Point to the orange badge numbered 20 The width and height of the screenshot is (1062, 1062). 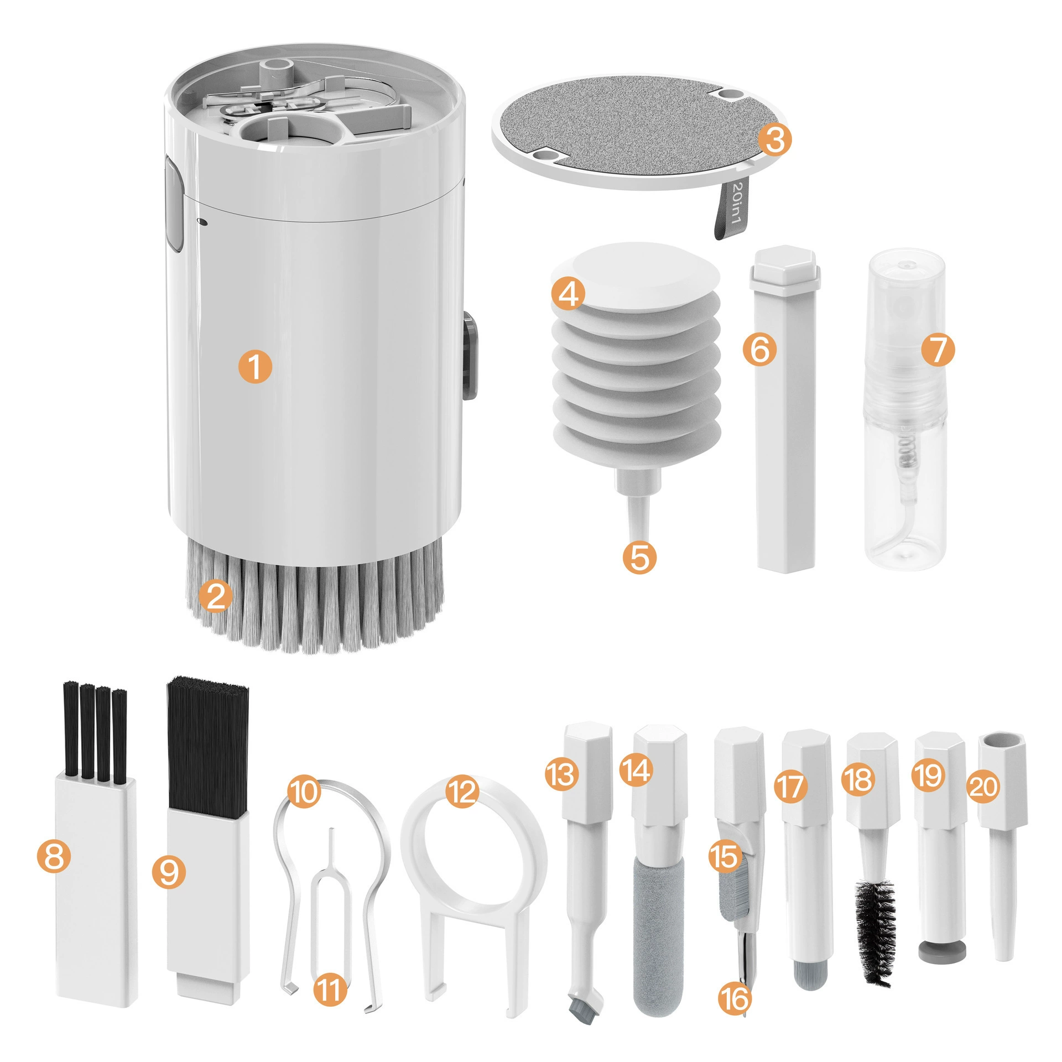coord(983,787)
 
